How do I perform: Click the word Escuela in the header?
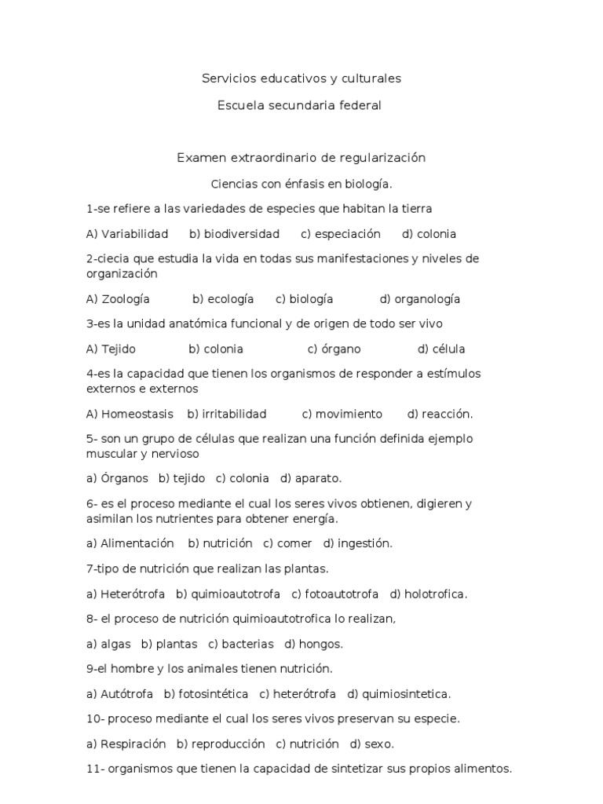pos(239,105)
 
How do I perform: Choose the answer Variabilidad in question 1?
pos(134,234)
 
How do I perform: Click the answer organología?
pos(427,299)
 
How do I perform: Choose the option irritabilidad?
pos(234,414)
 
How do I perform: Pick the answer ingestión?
pos(364,543)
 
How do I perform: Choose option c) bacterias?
pos(247,644)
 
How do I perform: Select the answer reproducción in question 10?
pos(226,744)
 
